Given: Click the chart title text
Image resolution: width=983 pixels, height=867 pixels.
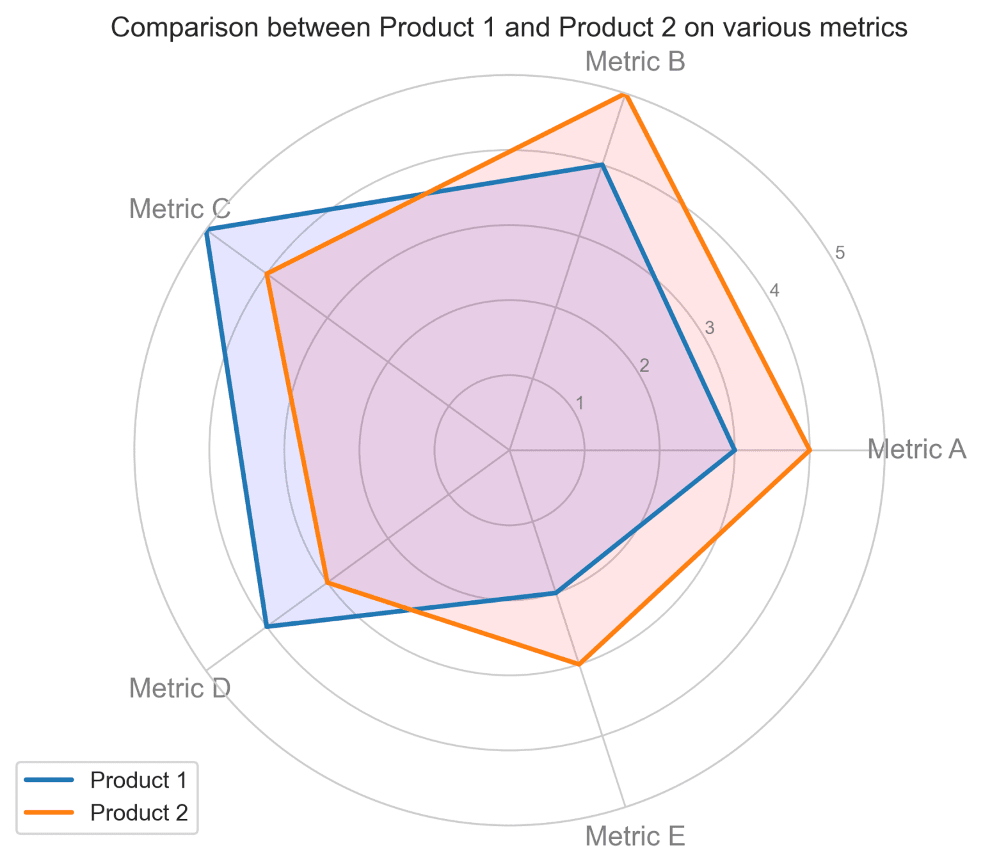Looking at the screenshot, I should coord(509,28).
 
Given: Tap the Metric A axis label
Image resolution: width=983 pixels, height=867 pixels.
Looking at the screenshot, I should coord(916,449).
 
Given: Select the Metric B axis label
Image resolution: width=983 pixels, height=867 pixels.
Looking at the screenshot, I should coord(635,62).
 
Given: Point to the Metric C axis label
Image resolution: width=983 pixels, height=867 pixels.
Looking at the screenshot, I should coord(180,209).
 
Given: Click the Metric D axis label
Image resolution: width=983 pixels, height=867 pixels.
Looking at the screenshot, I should coord(180,688).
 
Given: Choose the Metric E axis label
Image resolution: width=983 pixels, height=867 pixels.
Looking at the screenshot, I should coord(635,836).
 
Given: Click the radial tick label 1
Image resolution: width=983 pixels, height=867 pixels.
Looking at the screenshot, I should coord(580,404).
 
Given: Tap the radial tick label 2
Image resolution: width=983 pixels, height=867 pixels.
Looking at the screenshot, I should coord(644,366).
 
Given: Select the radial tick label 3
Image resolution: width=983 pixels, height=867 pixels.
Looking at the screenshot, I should coord(709,329).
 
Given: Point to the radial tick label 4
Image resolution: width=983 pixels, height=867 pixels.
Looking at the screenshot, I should coord(774,291).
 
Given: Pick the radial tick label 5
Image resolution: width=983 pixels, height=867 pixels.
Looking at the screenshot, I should coord(840,253).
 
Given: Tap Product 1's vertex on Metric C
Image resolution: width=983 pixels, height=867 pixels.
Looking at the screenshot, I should coord(206,230).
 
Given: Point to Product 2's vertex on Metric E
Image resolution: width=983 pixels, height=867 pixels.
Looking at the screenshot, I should coord(579,664).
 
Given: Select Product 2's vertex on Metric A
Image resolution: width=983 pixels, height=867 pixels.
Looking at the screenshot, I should coord(810,450).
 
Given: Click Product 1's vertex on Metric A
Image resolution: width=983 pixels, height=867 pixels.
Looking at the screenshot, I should coord(735,450).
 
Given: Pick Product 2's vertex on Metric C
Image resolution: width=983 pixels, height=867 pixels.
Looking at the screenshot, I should coord(267,274).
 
